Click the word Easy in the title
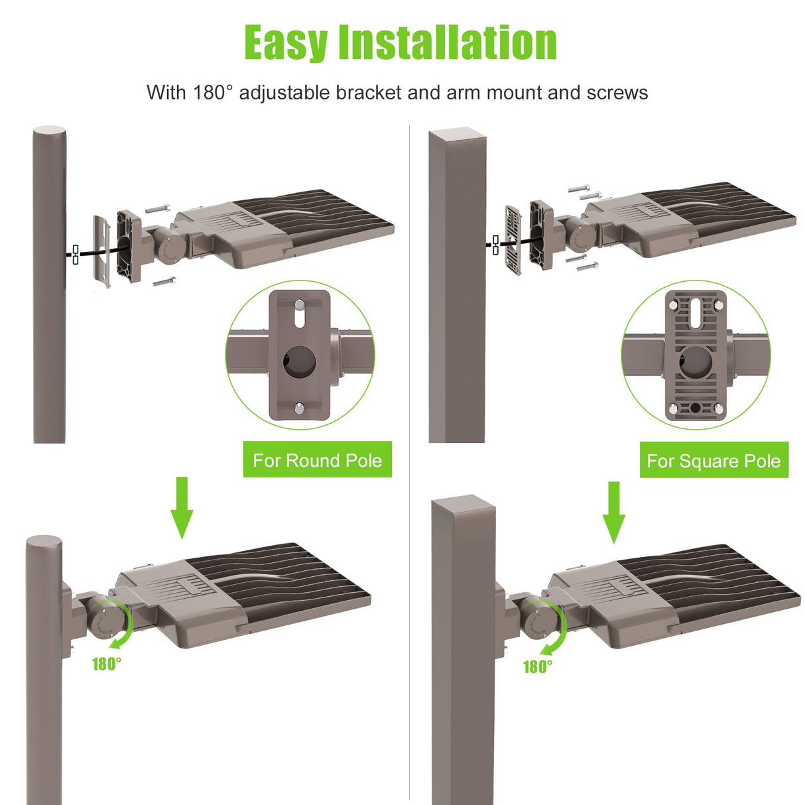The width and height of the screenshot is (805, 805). [x=286, y=43]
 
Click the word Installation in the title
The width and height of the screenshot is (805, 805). [x=447, y=43]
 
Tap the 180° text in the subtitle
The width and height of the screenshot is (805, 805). [x=213, y=92]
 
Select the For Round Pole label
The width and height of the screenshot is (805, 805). [x=317, y=460]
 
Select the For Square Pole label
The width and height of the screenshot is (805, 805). [x=713, y=461]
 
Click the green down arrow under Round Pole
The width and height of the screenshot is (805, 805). [x=182, y=507]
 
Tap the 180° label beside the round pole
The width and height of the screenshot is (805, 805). [x=106, y=664]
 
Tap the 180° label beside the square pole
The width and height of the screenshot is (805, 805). [x=537, y=666]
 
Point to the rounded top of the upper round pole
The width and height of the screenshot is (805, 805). [x=50, y=131]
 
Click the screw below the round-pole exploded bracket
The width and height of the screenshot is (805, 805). [x=163, y=282]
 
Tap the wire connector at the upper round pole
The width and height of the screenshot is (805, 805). [x=75, y=255]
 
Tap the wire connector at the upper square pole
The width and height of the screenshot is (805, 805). [x=495, y=245]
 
